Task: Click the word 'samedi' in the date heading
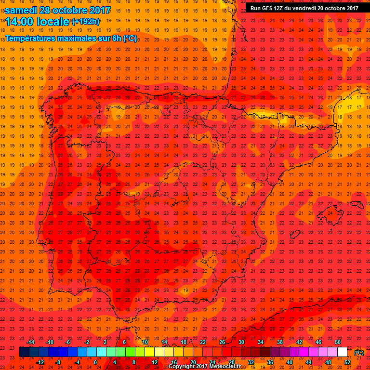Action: tap(23, 10)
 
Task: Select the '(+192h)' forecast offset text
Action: tap(86, 22)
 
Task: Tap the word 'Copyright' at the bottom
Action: tap(182, 367)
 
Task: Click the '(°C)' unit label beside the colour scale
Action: tap(359, 353)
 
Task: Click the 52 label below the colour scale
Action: tap(347, 362)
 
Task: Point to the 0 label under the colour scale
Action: tap(95, 362)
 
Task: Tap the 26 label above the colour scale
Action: tap(222, 342)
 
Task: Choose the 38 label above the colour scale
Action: tap(280, 342)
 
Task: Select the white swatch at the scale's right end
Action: tap(343, 352)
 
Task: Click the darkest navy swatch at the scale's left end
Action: tap(24, 352)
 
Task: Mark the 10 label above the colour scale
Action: tap(145, 342)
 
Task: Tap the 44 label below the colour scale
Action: tap(309, 362)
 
